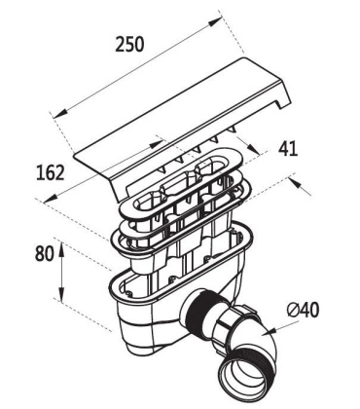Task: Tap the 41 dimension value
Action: click(288, 149)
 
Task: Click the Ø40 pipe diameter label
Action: click(305, 312)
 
